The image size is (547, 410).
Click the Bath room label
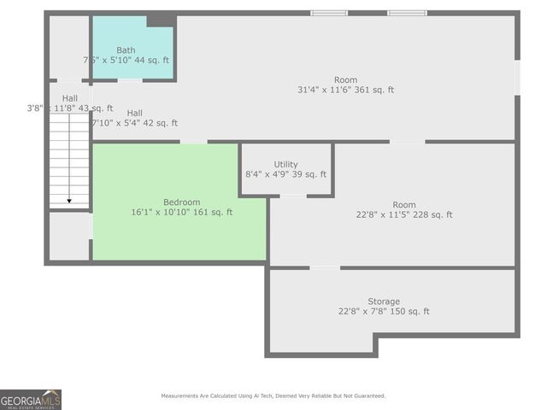tap(126, 50)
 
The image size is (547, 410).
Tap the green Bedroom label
tap(181, 202)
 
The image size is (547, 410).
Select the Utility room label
tap(285, 164)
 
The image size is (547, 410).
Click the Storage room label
tap(384, 302)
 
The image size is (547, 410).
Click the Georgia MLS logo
tap(31, 399)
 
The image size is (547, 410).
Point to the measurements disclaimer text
tap(273, 395)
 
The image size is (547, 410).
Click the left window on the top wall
tap(329, 13)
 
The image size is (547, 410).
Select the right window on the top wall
tap(407, 13)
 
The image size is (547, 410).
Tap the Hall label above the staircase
tap(69, 98)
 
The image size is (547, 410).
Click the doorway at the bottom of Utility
tap(293, 196)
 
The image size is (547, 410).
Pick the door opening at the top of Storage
tap(325, 267)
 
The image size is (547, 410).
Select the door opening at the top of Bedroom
tap(194, 142)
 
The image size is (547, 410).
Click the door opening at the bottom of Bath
tap(130, 80)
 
